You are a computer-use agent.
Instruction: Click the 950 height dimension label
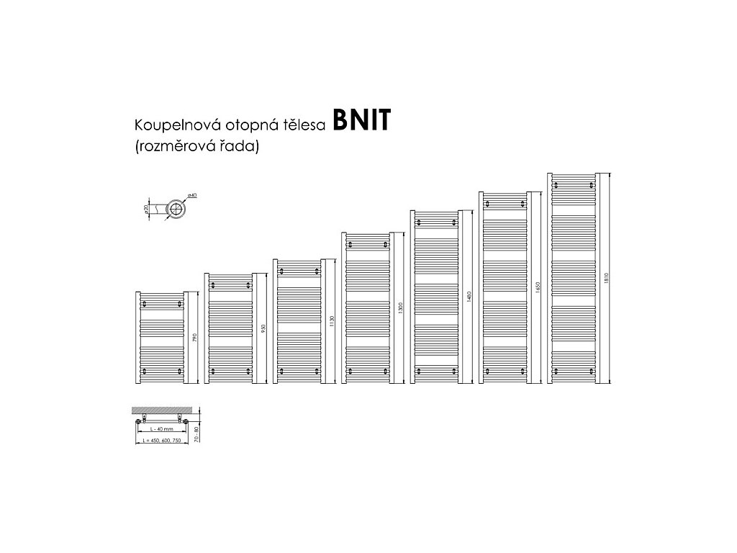[264, 328]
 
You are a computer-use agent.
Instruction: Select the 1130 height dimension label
[333, 321]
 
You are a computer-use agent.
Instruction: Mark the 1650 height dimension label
[538, 287]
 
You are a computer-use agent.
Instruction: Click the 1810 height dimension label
[607, 278]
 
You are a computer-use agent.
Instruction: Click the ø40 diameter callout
[191, 196]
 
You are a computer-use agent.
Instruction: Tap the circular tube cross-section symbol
[176, 210]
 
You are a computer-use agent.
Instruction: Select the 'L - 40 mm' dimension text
[162, 429]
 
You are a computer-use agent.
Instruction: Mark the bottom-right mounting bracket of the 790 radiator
[178, 372]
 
